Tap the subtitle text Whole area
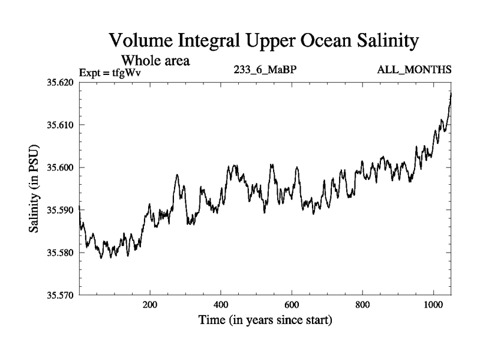[155, 60]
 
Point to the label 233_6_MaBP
[265, 71]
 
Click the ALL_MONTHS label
[414, 71]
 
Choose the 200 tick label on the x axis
[150, 304]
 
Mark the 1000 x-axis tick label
[433, 304]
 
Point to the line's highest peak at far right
[450, 93]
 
